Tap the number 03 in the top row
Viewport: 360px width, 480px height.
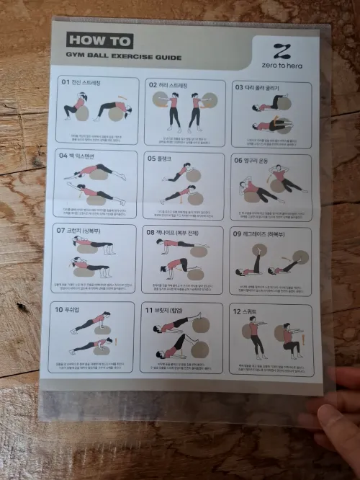point(239,87)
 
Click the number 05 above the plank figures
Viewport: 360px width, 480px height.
point(152,157)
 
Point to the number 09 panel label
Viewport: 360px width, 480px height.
point(238,234)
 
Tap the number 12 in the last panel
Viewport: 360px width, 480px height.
point(237,311)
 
